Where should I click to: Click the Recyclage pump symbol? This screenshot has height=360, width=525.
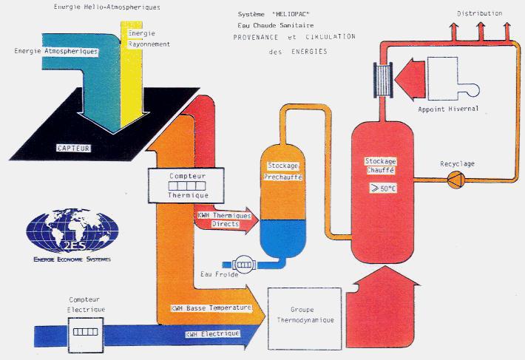453,178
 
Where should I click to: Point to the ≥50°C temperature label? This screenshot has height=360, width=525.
382,188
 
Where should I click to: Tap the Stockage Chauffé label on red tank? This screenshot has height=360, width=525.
382,165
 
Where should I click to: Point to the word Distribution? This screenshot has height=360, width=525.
479,13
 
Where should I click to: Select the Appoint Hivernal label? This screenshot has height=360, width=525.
448,109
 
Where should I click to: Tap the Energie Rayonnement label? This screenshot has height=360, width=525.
149,39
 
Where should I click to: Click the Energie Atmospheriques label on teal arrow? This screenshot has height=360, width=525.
56,52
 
